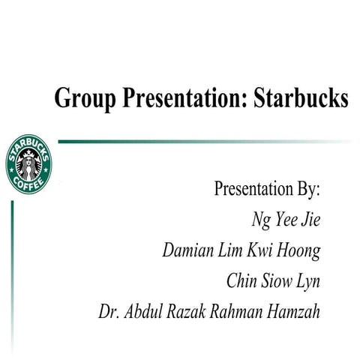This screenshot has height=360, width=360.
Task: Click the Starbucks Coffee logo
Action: (28, 164)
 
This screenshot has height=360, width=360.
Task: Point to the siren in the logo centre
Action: (28, 163)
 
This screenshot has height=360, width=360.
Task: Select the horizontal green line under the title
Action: (202, 141)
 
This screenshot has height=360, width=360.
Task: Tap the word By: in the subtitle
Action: (304, 189)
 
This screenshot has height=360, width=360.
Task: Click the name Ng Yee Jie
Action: (286, 220)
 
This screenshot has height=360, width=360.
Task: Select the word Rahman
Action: (241, 310)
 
